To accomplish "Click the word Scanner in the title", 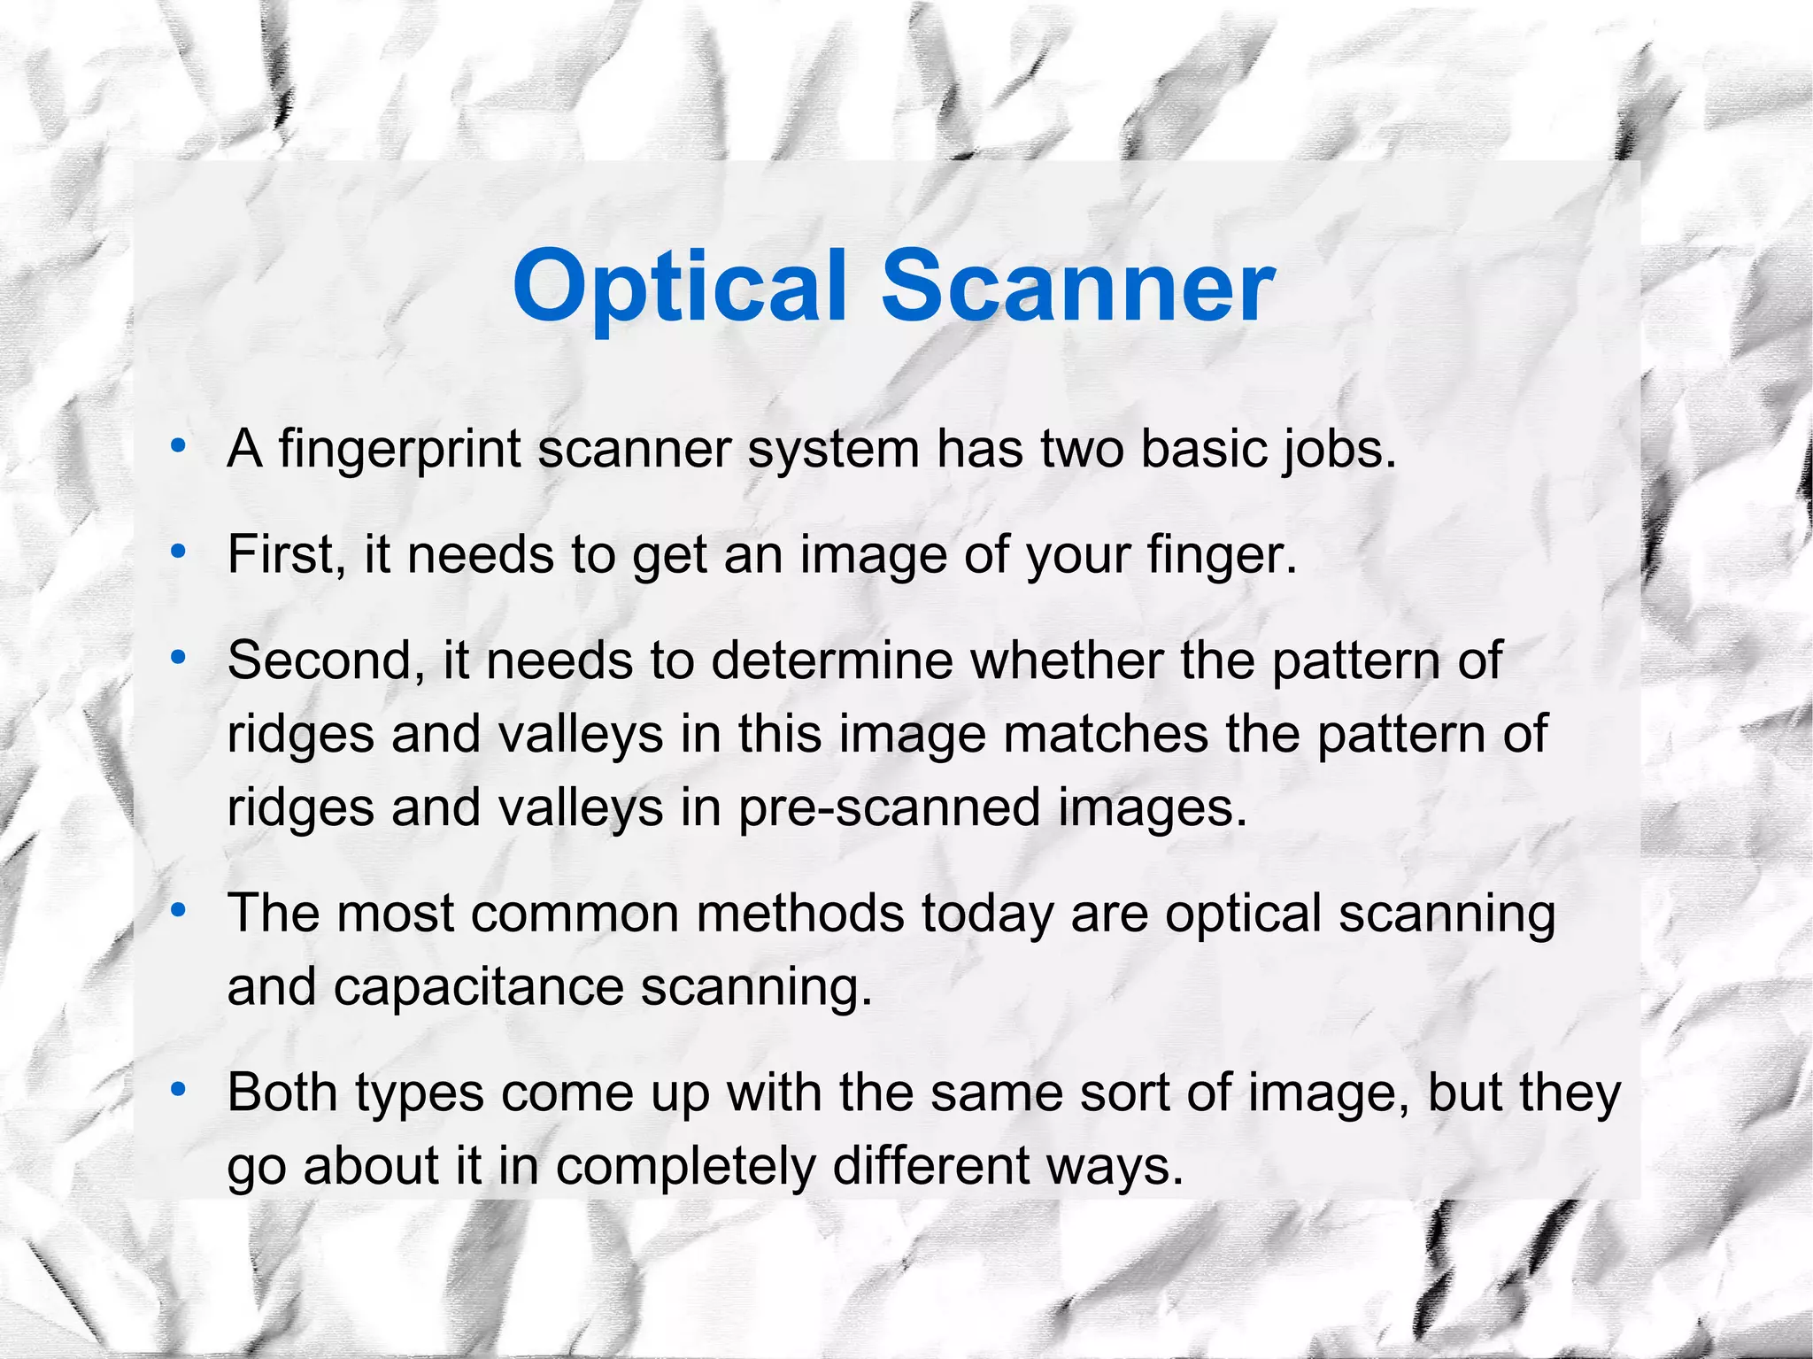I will click(x=1077, y=287).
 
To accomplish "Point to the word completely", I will click(x=686, y=1166).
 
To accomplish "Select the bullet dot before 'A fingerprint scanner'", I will click(x=179, y=447).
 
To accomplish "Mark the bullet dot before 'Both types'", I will click(x=179, y=1090).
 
